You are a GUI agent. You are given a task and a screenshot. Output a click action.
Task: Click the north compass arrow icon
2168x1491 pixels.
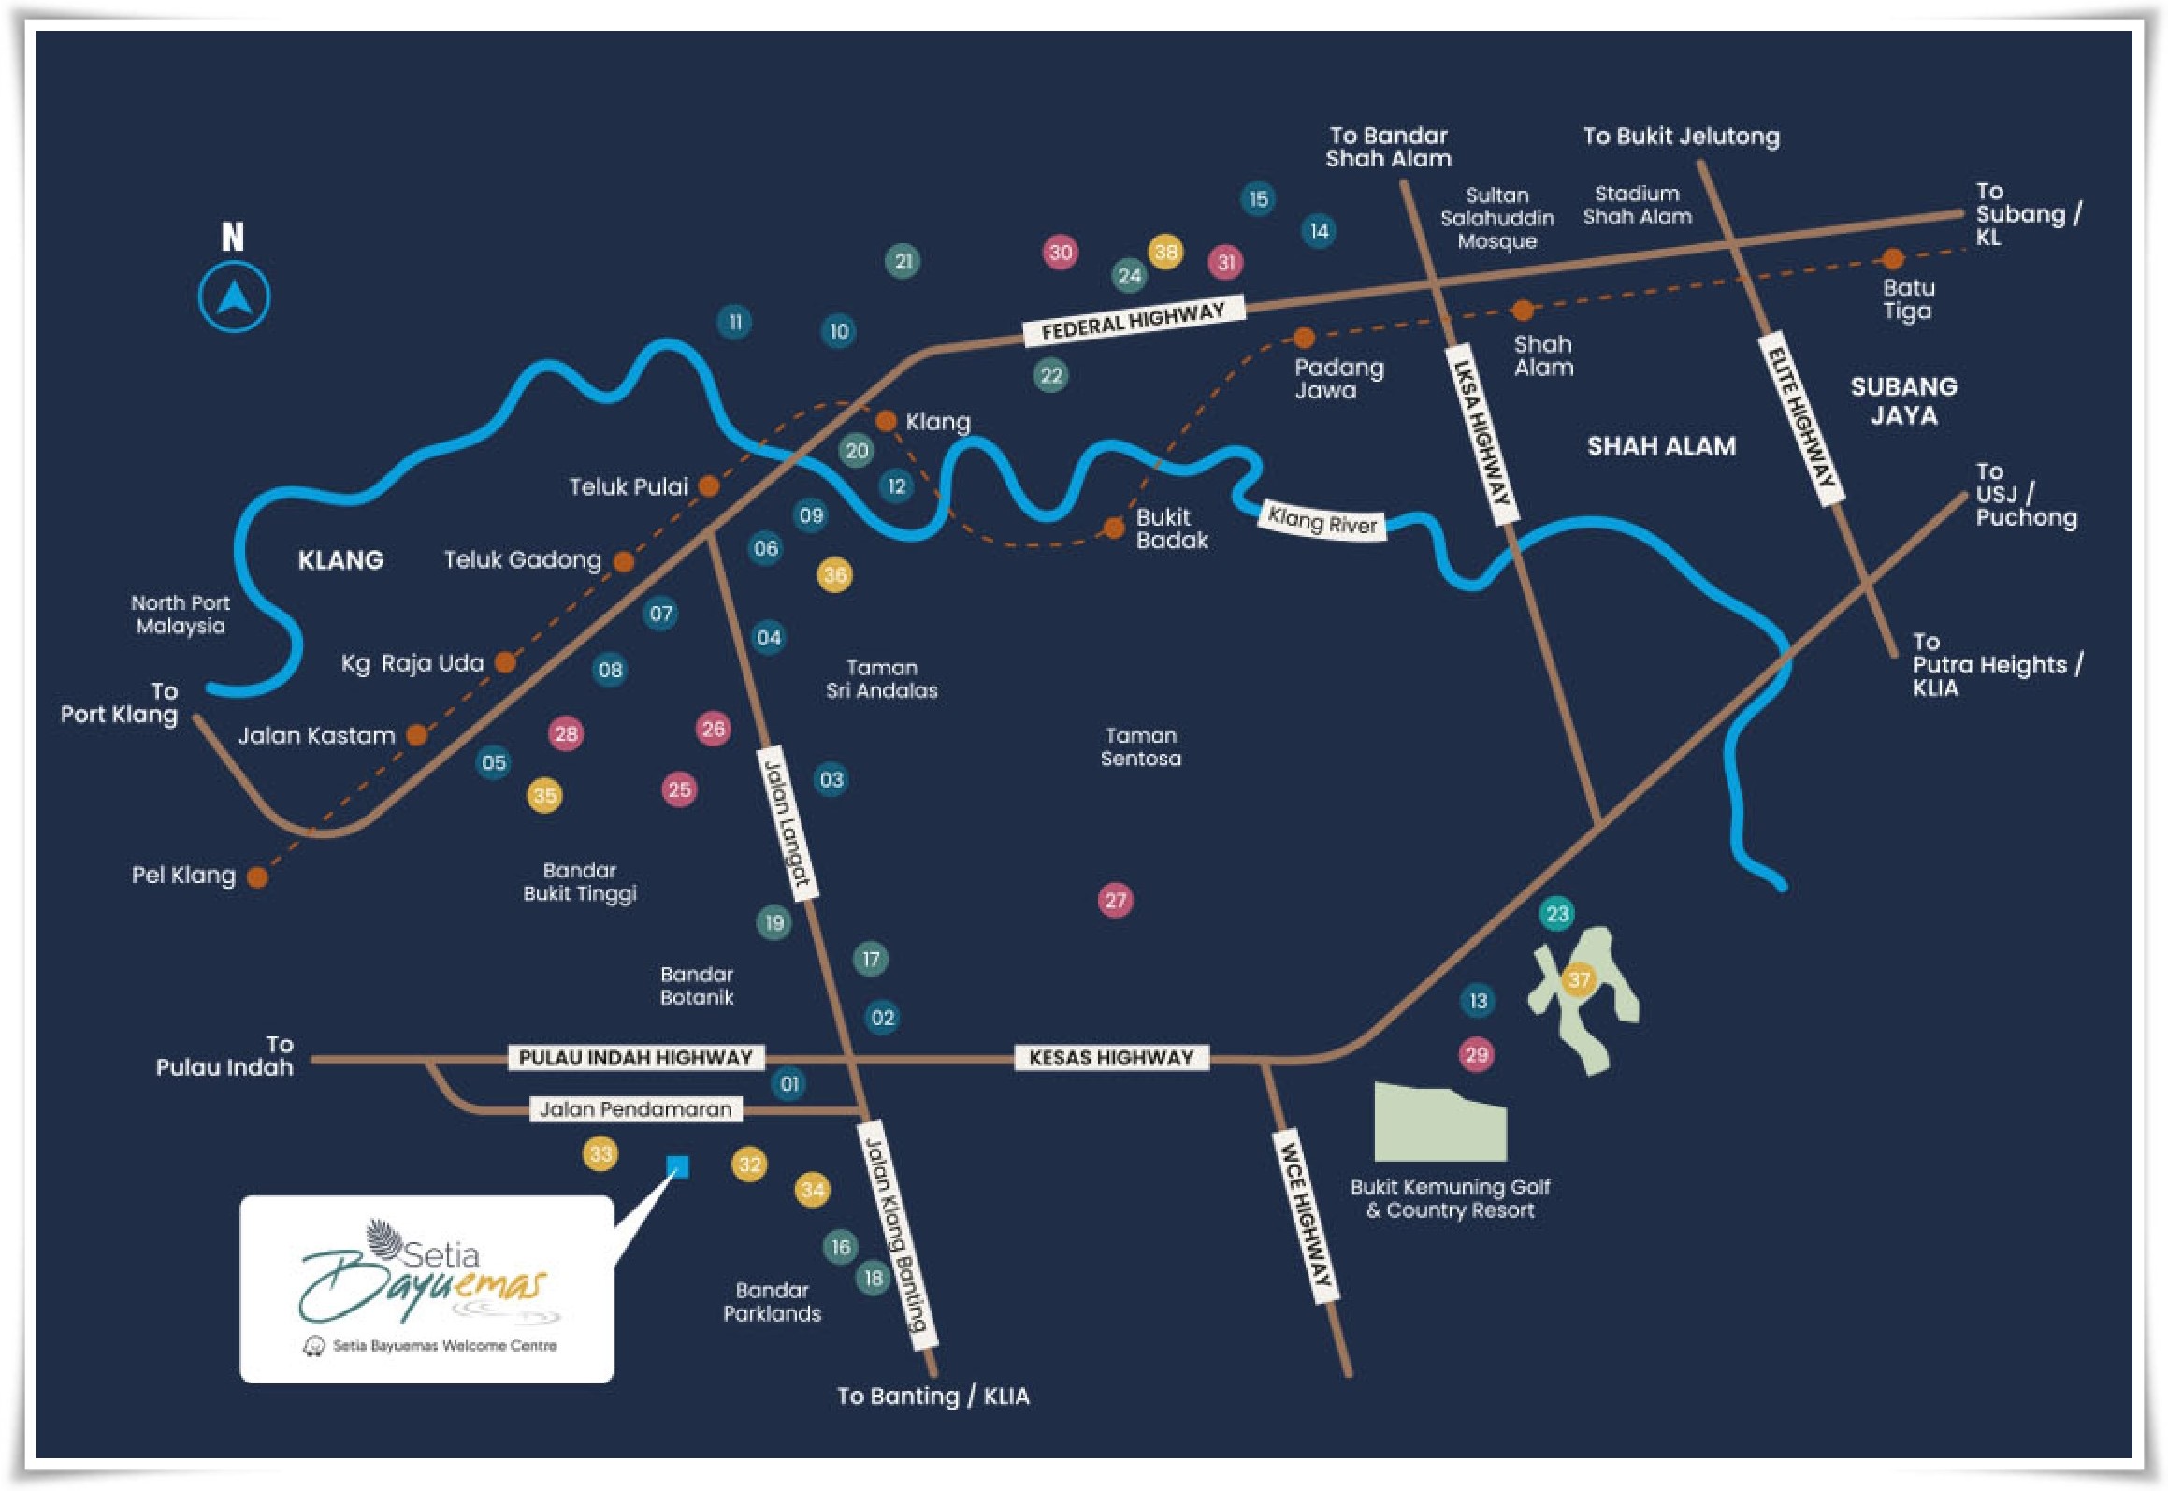point(234,297)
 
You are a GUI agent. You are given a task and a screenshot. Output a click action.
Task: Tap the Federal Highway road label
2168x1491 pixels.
point(1133,320)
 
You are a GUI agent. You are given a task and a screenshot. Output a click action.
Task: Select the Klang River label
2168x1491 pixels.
point(1322,520)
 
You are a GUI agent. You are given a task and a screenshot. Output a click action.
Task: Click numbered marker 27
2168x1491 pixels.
point(1115,900)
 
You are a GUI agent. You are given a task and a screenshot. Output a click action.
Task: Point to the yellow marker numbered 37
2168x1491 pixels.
point(1579,979)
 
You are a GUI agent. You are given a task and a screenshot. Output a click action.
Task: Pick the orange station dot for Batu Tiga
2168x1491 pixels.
point(1892,258)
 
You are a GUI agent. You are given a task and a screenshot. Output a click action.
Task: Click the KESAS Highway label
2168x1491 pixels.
point(1111,1058)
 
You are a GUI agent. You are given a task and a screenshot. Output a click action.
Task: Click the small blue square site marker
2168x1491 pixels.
point(677,1166)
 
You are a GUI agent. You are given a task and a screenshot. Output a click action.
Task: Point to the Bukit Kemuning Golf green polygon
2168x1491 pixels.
point(1438,1123)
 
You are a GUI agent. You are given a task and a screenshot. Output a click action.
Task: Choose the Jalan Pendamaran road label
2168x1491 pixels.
point(635,1109)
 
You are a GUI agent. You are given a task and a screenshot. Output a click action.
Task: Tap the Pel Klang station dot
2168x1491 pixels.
point(257,876)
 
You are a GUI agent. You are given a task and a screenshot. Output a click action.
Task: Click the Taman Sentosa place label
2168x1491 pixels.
point(1140,746)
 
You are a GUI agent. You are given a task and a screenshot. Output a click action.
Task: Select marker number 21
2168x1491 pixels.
point(903,261)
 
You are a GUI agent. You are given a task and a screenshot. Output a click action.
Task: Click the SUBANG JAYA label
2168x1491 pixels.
point(1903,400)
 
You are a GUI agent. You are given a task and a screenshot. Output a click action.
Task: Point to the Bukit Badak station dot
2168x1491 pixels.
point(1113,528)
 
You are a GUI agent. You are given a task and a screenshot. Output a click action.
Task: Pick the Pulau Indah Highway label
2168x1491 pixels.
point(635,1058)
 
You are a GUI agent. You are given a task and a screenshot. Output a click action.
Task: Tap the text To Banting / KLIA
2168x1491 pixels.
point(932,1397)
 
